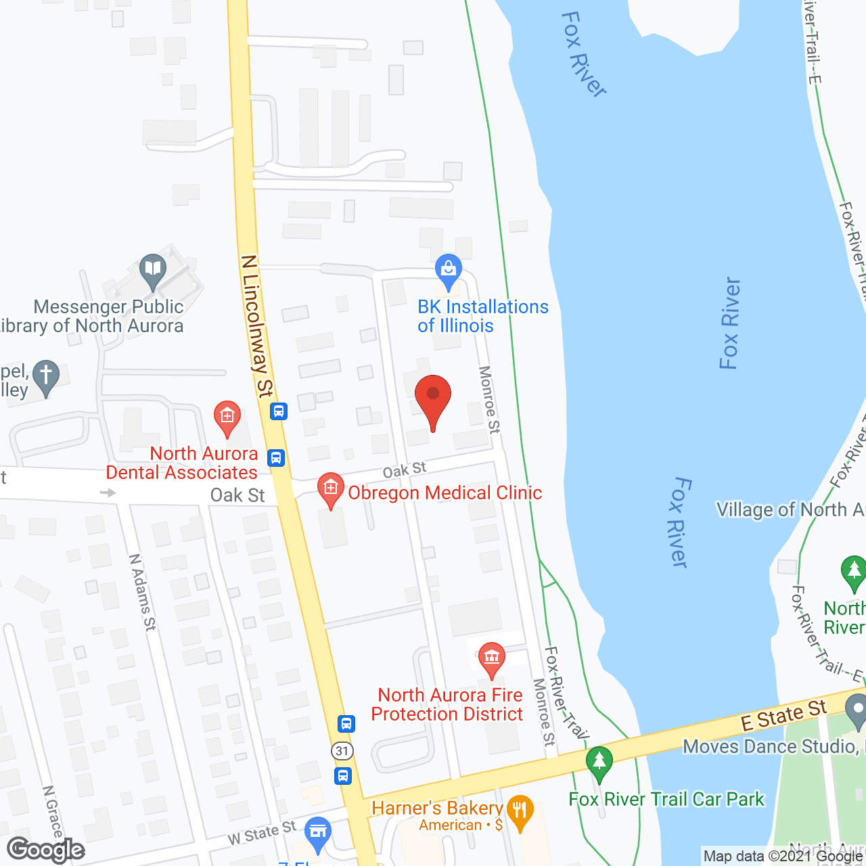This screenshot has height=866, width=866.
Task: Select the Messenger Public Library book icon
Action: (154, 269)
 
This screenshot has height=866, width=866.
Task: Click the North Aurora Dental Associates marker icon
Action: (227, 416)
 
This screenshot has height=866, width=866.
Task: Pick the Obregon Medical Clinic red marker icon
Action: (330, 488)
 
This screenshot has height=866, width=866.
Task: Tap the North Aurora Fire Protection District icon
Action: (492, 658)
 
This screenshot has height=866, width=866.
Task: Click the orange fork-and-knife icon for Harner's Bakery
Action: (520, 811)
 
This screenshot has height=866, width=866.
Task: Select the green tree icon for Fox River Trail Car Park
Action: (599, 760)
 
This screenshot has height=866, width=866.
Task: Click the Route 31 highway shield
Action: (343, 750)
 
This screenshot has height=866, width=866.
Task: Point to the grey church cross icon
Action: (46, 375)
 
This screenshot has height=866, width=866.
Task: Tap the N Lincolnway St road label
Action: (257, 325)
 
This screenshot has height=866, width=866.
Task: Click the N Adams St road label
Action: (142, 593)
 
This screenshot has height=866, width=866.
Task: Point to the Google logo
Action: (46, 850)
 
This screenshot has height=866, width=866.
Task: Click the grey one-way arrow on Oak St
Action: (108, 493)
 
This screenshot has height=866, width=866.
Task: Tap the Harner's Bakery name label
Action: (437, 808)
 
